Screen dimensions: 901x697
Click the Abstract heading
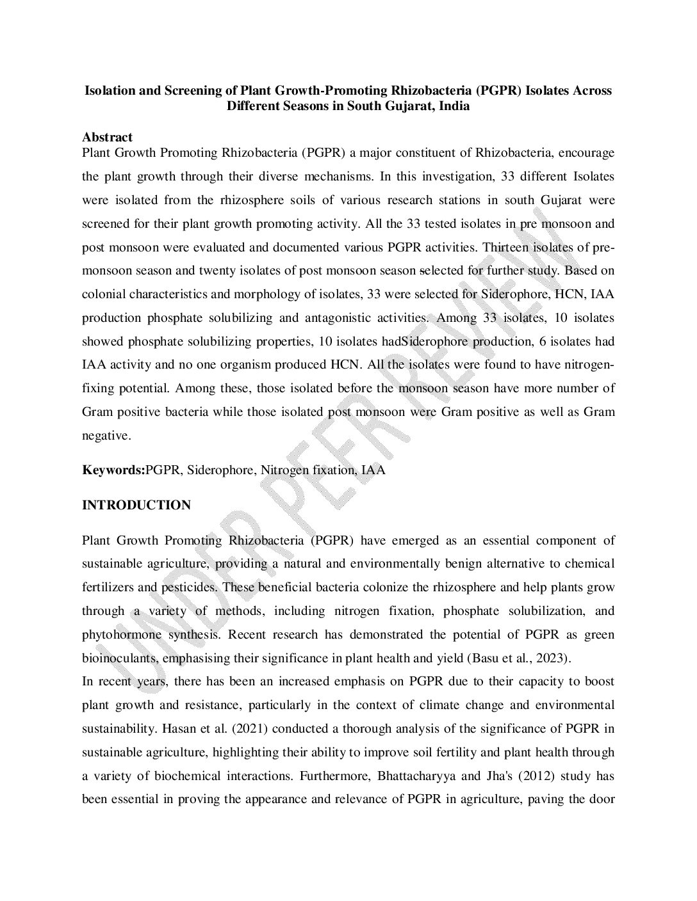107,137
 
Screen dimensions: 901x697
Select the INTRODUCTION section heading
136,506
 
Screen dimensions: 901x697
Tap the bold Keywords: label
113,470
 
